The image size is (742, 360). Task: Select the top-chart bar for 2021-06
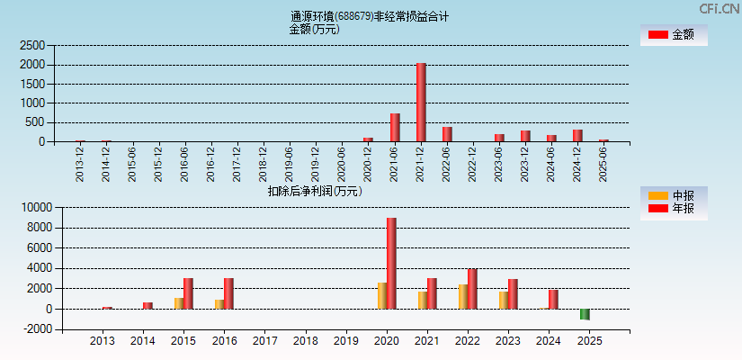[395, 127]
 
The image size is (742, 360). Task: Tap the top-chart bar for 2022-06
[447, 134]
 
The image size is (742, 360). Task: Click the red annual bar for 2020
[391, 263]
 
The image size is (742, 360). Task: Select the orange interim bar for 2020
[382, 295]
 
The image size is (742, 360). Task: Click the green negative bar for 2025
[585, 314]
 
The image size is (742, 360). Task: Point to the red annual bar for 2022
[472, 289]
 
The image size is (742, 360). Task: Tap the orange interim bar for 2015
[179, 303]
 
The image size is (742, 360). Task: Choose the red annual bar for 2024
[553, 299]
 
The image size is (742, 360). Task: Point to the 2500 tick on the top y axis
[32, 45]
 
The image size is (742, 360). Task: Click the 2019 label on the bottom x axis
[346, 342]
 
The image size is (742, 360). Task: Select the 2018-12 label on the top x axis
[263, 163]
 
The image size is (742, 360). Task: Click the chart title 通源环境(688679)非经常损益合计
[370, 16]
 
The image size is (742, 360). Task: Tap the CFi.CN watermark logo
[720, 8]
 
